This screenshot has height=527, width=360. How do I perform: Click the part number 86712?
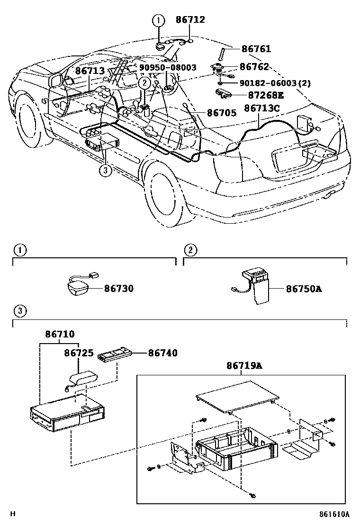[190, 19]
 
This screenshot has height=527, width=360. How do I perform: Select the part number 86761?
[256, 49]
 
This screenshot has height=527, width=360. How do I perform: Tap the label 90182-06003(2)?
[275, 83]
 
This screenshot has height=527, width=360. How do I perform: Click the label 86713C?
[262, 109]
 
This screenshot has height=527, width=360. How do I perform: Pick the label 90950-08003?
[168, 68]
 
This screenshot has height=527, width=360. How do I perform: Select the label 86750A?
[304, 288]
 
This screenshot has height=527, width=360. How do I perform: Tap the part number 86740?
[162, 353]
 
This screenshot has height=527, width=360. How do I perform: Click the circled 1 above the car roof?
[158, 20]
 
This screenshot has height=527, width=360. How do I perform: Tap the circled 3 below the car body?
[106, 170]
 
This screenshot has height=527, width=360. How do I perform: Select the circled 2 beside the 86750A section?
[190, 250]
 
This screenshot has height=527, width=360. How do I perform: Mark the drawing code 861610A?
[333, 514]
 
